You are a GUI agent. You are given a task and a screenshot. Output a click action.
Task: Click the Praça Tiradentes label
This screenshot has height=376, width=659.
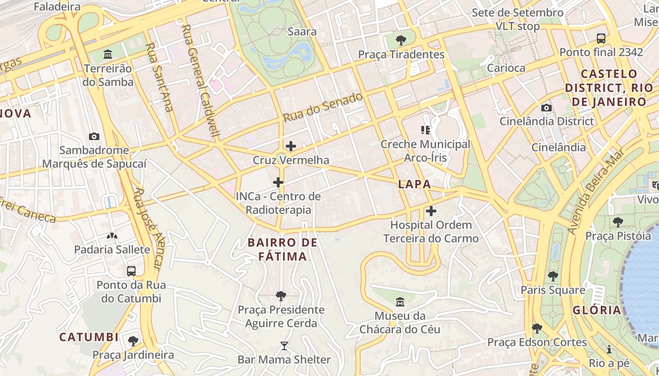(401, 55)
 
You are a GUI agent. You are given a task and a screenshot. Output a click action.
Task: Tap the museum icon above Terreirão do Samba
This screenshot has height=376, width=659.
(108, 55)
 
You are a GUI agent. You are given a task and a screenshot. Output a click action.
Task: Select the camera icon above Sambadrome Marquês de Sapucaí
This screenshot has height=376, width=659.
(94, 137)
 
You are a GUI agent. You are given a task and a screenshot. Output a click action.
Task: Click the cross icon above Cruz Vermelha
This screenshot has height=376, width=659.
(291, 146)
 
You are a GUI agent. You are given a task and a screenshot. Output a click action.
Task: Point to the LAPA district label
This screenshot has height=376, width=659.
(414, 184)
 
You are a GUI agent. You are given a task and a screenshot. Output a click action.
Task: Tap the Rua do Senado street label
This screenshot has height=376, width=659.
(323, 108)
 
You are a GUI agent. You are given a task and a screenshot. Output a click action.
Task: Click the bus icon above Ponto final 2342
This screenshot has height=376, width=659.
(601, 39)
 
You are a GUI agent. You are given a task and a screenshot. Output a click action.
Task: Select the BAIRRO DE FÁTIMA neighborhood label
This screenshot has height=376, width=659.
(282, 250)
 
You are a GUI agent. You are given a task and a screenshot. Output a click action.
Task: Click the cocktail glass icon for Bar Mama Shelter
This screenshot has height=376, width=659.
(284, 346)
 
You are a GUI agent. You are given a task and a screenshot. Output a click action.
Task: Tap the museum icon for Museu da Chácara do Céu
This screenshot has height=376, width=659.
(400, 301)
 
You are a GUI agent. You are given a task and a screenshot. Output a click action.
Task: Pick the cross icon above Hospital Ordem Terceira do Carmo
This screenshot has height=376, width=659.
(431, 211)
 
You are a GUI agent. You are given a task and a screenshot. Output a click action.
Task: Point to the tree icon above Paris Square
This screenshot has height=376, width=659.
(553, 276)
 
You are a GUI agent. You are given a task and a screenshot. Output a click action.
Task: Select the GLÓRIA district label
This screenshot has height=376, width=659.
(597, 310)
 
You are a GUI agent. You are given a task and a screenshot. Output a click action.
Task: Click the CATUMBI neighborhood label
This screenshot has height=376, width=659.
(89, 337)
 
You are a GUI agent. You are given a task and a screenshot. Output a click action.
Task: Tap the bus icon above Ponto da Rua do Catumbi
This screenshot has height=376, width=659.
(131, 271)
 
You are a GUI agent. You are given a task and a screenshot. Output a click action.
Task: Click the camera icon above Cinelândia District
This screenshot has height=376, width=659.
(546, 108)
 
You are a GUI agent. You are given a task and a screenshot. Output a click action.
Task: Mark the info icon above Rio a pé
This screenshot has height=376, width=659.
(609, 349)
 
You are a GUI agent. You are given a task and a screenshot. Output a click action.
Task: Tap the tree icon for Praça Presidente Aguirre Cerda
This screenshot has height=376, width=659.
(281, 296)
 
